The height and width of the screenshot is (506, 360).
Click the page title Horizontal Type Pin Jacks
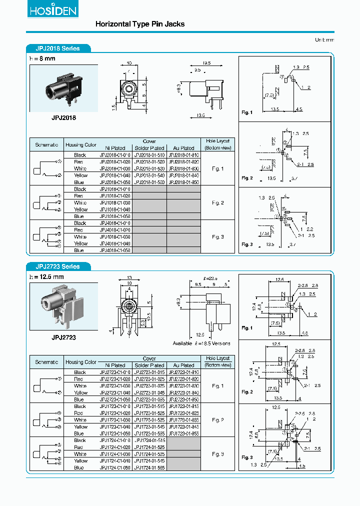pyautogui.click(x=139, y=24)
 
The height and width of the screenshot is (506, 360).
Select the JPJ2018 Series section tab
pyautogui.click(x=59, y=48)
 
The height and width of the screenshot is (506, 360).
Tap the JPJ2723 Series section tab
pyautogui.click(x=59, y=266)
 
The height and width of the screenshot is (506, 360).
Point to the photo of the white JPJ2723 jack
pyautogui.click(x=63, y=305)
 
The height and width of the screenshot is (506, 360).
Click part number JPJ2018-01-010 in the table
pyautogui.click(x=115, y=155)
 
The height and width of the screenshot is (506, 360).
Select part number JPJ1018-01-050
pyautogui.click(x=115, y=216)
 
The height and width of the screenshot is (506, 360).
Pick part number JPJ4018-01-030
pyautogui.click(x=115, y=236)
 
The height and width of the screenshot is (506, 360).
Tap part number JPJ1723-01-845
pyautogui.click(x=183, y=426)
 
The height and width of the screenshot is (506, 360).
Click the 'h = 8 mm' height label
pyautogui.click(x=43, y=58)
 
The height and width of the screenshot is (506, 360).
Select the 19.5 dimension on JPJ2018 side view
pyautogui.click(x=206, y=63)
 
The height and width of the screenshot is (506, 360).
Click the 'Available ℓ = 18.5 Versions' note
pyautogui.click(x=201, y=343)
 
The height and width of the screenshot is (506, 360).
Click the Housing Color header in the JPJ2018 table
pyautogui.click(x=80, y=145)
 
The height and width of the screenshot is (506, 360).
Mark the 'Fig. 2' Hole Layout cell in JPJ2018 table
pyautogui.click(x=217, y=203)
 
